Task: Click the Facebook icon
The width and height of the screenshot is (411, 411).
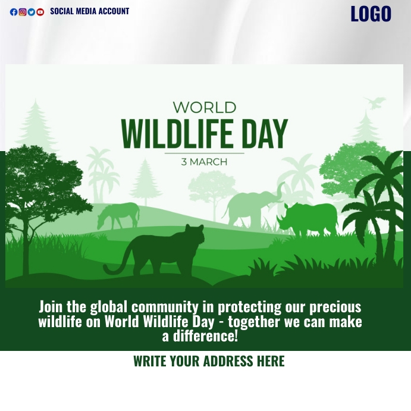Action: pos(14,12)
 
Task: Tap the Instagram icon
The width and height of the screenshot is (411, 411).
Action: pos(23,12)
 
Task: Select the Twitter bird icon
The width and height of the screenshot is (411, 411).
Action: pos(32,12)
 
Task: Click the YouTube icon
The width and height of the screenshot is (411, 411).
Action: pos(40,12)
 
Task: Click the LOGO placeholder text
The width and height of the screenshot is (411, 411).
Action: pos(371,14)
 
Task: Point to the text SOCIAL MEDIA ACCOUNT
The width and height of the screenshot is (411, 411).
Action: pos(89,11)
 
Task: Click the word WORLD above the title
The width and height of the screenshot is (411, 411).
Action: pos(205,108)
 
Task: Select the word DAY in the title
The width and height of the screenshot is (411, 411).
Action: pos(264,134)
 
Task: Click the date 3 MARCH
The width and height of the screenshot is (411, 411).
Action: pos(204,162)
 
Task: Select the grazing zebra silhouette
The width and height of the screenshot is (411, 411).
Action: pos(119,214)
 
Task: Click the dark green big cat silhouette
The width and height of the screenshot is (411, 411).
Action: pos(164,250)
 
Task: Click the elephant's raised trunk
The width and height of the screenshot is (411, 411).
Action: pos(278,193)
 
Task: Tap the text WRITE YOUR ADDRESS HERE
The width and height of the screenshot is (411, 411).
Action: pos(209,361)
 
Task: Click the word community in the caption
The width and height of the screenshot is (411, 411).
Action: pos(165,307)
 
